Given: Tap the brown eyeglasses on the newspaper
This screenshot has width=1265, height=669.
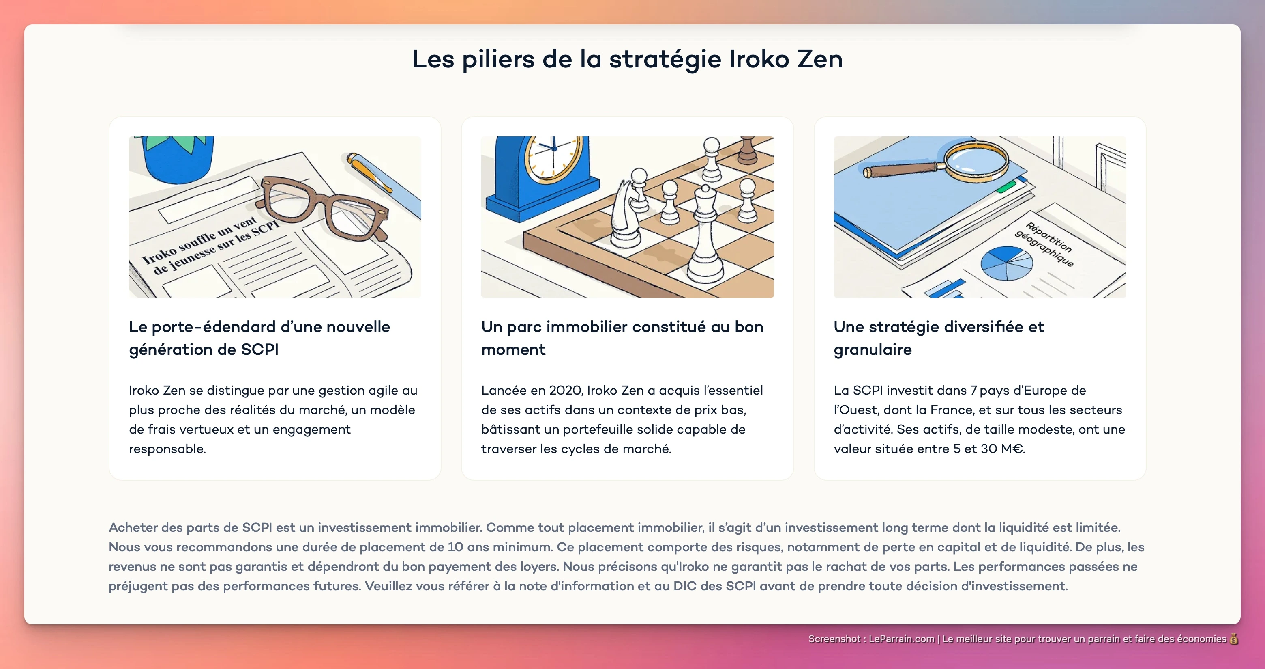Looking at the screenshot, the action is (324, 207).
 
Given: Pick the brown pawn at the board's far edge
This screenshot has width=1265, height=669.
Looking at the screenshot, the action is (747, 150).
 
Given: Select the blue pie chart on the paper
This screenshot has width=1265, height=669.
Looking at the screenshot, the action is (1007, 263).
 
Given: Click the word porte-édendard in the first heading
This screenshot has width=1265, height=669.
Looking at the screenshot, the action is (214, 327).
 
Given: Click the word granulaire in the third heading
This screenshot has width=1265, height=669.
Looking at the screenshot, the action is (873, 350).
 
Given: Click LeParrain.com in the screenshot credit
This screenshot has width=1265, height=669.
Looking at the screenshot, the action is (901, 639).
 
